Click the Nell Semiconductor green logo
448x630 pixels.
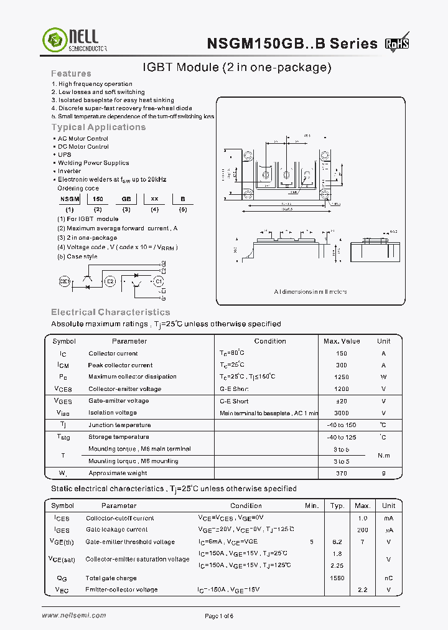tap(53, 40)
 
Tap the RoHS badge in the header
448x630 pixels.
tap(397, 44)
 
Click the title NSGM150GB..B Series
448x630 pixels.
tap(292, 44)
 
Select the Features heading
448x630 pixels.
tap(71, 73)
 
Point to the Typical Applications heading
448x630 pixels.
tap(98, 127)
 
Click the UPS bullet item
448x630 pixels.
tap(65, 154)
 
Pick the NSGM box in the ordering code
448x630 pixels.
tap(70, 198)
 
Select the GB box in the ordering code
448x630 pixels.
tap(126, 198)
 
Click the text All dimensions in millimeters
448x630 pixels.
tap(310, 291)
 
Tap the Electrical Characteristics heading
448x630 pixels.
tap(110, 312)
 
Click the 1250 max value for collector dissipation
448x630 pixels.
tap(342, 377)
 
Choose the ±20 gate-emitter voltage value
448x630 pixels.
tap(342, 402)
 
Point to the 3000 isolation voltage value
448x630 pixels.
tap(342, 413)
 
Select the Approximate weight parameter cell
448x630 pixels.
tap(118, 474)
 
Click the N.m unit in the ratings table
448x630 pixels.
tap(383, 455)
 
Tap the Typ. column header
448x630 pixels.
tap(337, 505)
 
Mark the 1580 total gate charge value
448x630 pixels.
tap(337, 578)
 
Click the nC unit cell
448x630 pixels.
tap(388, 578)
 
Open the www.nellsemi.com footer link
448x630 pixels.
tap(74, 615)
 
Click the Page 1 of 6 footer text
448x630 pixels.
tap(219, 616)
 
